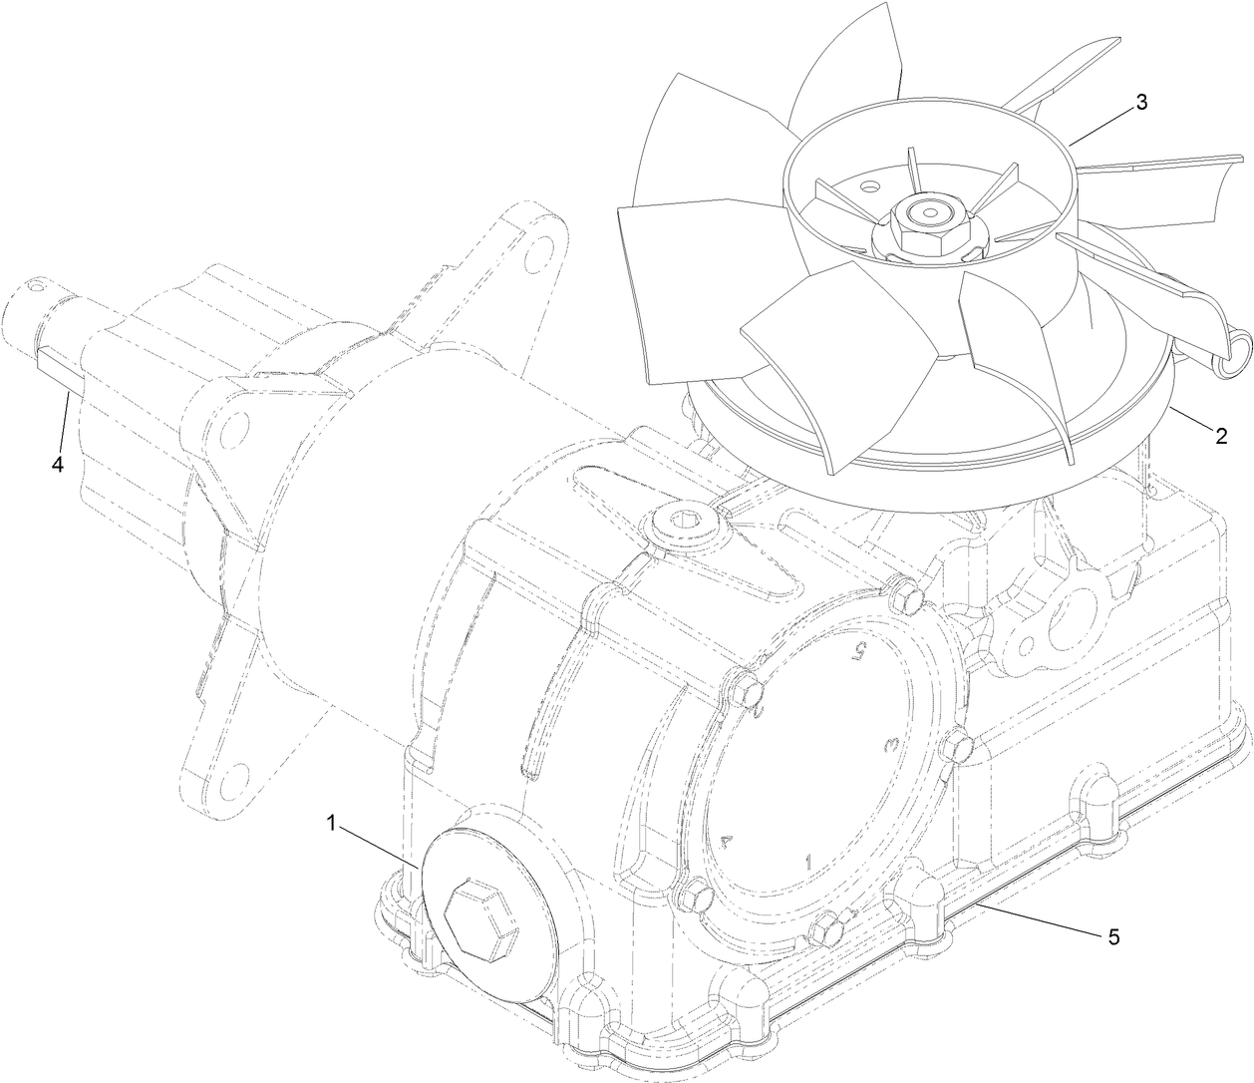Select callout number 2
point(1219,435)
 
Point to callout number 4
point(57,465)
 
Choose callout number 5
point(1113,937)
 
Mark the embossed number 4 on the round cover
point(728,840)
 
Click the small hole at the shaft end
point(37,285)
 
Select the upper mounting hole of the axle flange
point(541,242)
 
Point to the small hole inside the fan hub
point(871,185)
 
